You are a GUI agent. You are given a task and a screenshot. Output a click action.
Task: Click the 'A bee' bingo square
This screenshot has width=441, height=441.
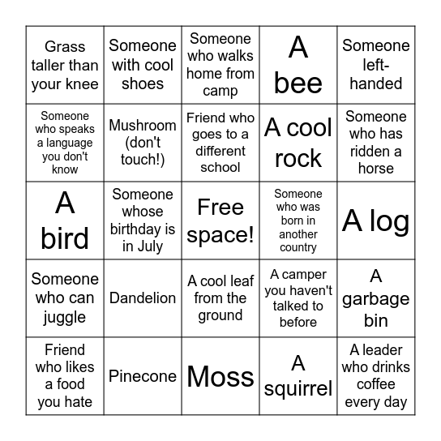pos(298,65)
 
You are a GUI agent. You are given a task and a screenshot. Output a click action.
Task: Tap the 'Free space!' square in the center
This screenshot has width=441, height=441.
pos(220,220)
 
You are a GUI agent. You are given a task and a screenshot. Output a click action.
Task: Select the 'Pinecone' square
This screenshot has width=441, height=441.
pos(143,376)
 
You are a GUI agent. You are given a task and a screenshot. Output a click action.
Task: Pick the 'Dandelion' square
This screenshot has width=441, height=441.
pos(143,298)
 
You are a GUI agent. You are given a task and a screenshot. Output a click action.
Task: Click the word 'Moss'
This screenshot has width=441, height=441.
pos(220,376)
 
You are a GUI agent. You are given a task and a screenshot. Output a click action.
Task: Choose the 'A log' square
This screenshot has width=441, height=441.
pos(376,220)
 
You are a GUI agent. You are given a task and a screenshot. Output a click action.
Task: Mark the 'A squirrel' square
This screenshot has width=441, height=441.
pos(298,376)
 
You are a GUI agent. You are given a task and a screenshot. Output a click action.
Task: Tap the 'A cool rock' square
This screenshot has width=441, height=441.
pos(298,143)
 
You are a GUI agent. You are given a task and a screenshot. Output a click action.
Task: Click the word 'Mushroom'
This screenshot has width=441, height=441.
pos(143,126)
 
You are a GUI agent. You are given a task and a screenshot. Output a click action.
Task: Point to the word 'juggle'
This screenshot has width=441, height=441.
pos(65,317)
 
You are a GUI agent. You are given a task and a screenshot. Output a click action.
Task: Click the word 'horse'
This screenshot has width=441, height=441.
pos(376,169)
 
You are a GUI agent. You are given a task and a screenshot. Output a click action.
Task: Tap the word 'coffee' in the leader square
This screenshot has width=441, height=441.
pos(376,384)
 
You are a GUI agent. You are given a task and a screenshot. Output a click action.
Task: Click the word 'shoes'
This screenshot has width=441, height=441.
pos(143,83)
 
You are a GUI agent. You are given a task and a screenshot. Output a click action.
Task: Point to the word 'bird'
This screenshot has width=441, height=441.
pos(65,238)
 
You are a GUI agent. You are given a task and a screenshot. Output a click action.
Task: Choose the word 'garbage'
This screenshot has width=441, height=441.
pos(376,299)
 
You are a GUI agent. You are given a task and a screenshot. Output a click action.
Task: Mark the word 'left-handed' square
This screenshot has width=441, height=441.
pos(376,74)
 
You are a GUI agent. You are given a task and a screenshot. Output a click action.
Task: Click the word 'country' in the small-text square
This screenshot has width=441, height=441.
pos(298,248)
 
